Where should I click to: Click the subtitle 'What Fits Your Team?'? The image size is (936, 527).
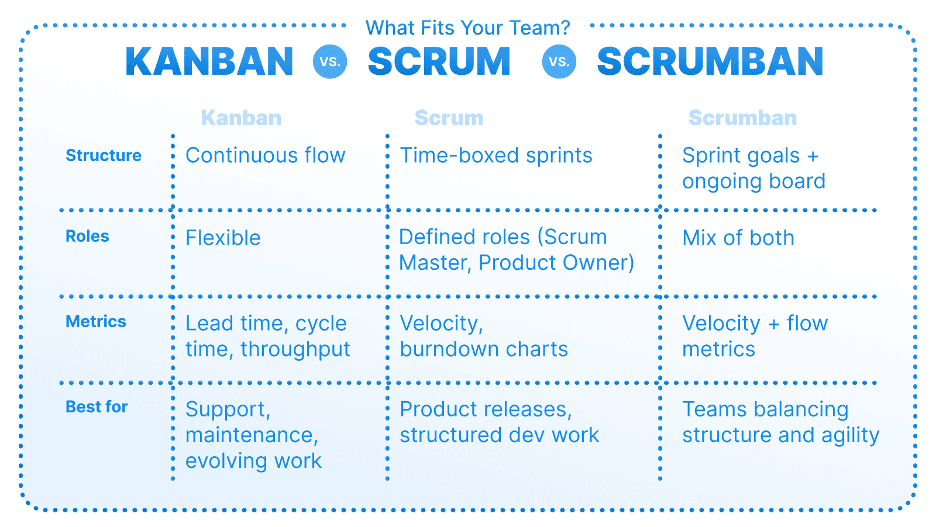pyautogui.click(x=467, y=28)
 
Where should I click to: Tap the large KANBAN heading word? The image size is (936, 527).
pyautogui.click(x=209, y=62)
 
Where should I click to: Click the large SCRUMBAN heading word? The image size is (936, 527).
pyautogui.click(x=710, y=62)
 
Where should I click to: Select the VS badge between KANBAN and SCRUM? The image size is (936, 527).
pyautogui.click(x=330, y=61)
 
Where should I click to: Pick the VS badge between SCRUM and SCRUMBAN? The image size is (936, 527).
pyautogui.click(x=559, y=61)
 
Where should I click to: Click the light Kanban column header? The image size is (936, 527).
pyautogui.click(x=241, y=118)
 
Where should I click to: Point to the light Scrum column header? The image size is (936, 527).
pyautogui.click(x=449, y=118)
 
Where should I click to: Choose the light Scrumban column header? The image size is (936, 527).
pyautogui.click(x=742, y=118)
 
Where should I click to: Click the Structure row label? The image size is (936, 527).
pyautogui.click(x=104, y=155)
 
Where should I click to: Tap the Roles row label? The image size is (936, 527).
pyautogui.click(x=87, y=236)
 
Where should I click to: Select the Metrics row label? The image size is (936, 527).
pyautogui.click(x=96, y=321)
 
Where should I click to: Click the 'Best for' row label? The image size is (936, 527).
pyautogui.click(x=97, y=407)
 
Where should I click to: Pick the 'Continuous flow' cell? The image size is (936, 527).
pyautogui.click(x=265, y=156)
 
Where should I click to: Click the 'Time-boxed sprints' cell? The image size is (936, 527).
pyautogui.click(x=495, y=156)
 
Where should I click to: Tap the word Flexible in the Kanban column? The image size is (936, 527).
pyautogui.click(x=223, y=238)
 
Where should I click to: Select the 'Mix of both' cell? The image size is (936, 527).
pyautogui.click(x=738, y=238)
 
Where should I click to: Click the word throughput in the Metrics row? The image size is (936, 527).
pyautogui.click(x=295, y=350)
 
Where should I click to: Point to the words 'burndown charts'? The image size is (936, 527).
pyautogui.click(x=484, y=350)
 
